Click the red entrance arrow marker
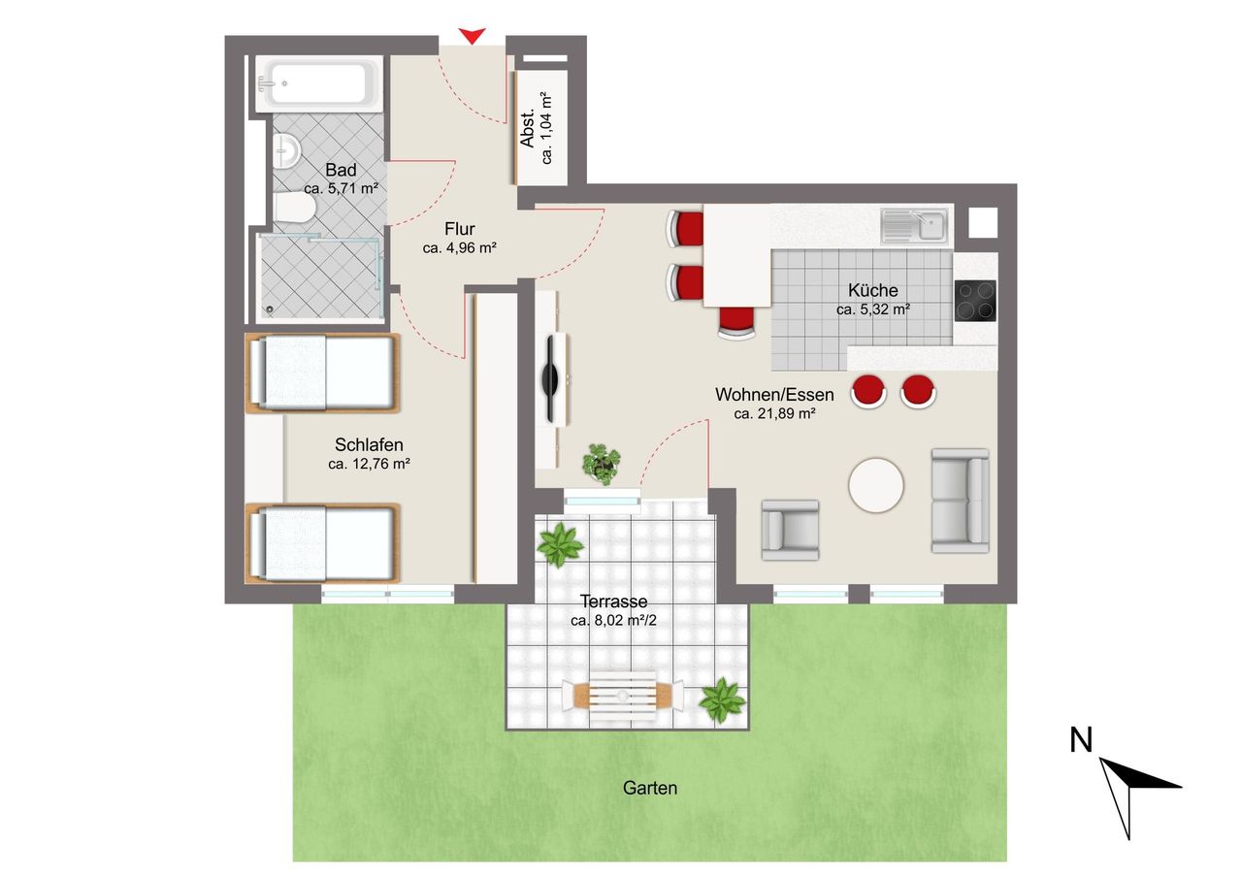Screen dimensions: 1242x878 [x=472, y=36]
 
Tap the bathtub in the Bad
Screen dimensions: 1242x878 [x=318, y=83]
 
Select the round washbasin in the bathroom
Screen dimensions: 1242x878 [x=286, y=150]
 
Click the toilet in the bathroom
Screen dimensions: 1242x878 [x=294, y=208]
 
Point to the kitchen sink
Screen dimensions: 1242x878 [x=914, y=226]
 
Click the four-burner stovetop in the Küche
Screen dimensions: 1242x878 [x=975, y=301]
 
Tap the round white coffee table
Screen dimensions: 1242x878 [x=876, y=485]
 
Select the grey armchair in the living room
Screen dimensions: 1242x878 [x=790, y=530]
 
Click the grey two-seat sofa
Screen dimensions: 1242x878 [x=961, y=501]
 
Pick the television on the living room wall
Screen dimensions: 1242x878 [x=551, y=379]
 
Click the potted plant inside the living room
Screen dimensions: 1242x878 [x=601, y=464]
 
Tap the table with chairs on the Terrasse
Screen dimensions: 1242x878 [x=623, y=697]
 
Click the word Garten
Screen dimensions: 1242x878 [x=650, y=788]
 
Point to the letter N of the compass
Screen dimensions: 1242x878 [x=1081, y=739]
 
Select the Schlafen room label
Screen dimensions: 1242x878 [x=369, y=444]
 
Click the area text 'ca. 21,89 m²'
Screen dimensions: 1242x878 [x=774, y=413]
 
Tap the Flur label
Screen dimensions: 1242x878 [x=460, y=229]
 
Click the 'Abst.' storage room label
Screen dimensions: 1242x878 [x=527, y=128]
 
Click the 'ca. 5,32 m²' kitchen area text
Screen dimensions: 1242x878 [x=873, y=309]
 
